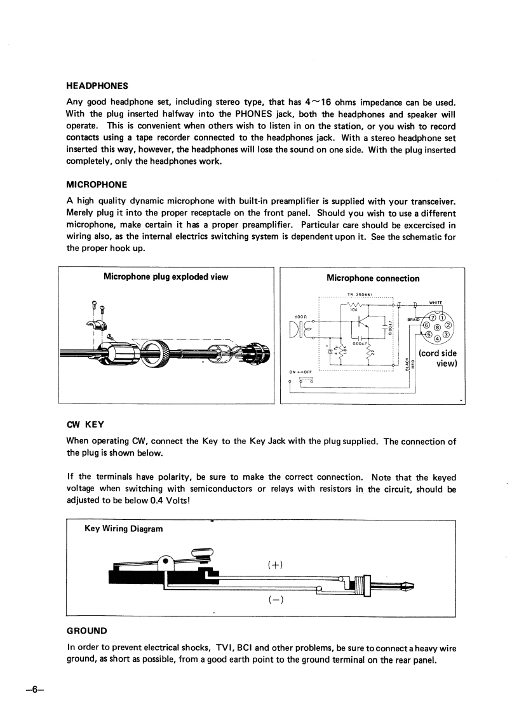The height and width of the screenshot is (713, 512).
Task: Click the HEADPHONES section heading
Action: tap(97, 86)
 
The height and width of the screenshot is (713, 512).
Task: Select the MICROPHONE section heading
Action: tap(97, 184)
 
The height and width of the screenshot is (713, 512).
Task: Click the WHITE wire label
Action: tap(436, 302)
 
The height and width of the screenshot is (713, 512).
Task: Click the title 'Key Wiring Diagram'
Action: tap(123, 528)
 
